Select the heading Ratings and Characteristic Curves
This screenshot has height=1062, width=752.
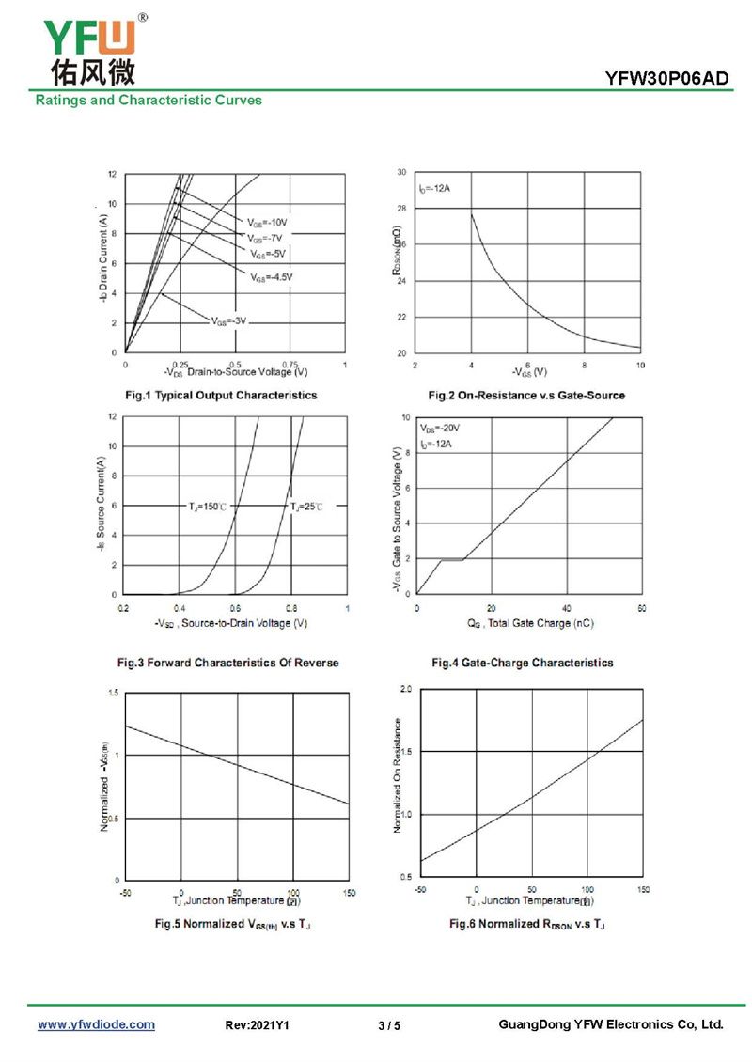point(149,100)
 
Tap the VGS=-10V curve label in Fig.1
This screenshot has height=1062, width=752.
point(267,223)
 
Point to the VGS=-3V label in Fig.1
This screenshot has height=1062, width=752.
point(229,320)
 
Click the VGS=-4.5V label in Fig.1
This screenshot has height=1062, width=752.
point(272,277)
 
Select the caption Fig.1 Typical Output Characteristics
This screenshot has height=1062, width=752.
point(222,396)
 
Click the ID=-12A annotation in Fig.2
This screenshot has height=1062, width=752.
point(435,189)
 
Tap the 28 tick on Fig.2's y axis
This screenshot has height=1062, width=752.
point(401,209)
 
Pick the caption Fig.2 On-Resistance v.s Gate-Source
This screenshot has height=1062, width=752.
point(525,396)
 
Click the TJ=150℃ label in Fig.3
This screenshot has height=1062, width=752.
point(208,507)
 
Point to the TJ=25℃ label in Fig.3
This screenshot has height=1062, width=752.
point(306,507)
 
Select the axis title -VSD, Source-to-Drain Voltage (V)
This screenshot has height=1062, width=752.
point(230,623)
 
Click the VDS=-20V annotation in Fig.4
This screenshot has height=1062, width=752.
point(440,428)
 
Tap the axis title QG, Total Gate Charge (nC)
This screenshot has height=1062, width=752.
point(529,623)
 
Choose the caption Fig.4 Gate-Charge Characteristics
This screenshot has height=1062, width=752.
point(522,663)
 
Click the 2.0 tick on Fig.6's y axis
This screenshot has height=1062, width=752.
point(406,690)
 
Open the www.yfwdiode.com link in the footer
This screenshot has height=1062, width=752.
point(96,1024)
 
